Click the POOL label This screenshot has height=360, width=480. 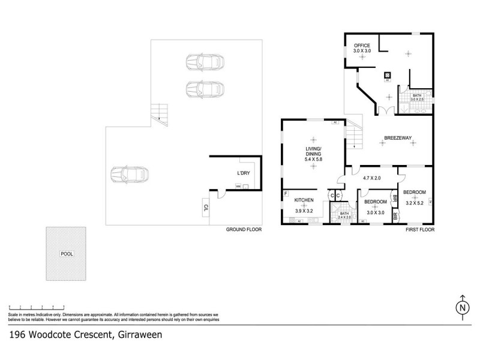tap(67, 254)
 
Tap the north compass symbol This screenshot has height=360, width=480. tap(461, 306)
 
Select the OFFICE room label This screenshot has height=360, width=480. tap(362, 46)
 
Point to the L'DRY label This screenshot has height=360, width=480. tap(243, 173)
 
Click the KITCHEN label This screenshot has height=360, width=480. tap(304, 200)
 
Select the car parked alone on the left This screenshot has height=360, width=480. tap(130, 175)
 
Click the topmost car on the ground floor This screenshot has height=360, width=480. tap(205, 62)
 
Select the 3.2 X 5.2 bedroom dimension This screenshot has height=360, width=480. tap(415, 203)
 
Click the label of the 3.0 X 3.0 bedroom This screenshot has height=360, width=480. tap(376, 202)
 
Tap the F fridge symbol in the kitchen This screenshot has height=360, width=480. tap(286, 194)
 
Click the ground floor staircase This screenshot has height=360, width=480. tap(159, 112)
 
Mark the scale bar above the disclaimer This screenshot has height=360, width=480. tap(36, 307)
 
